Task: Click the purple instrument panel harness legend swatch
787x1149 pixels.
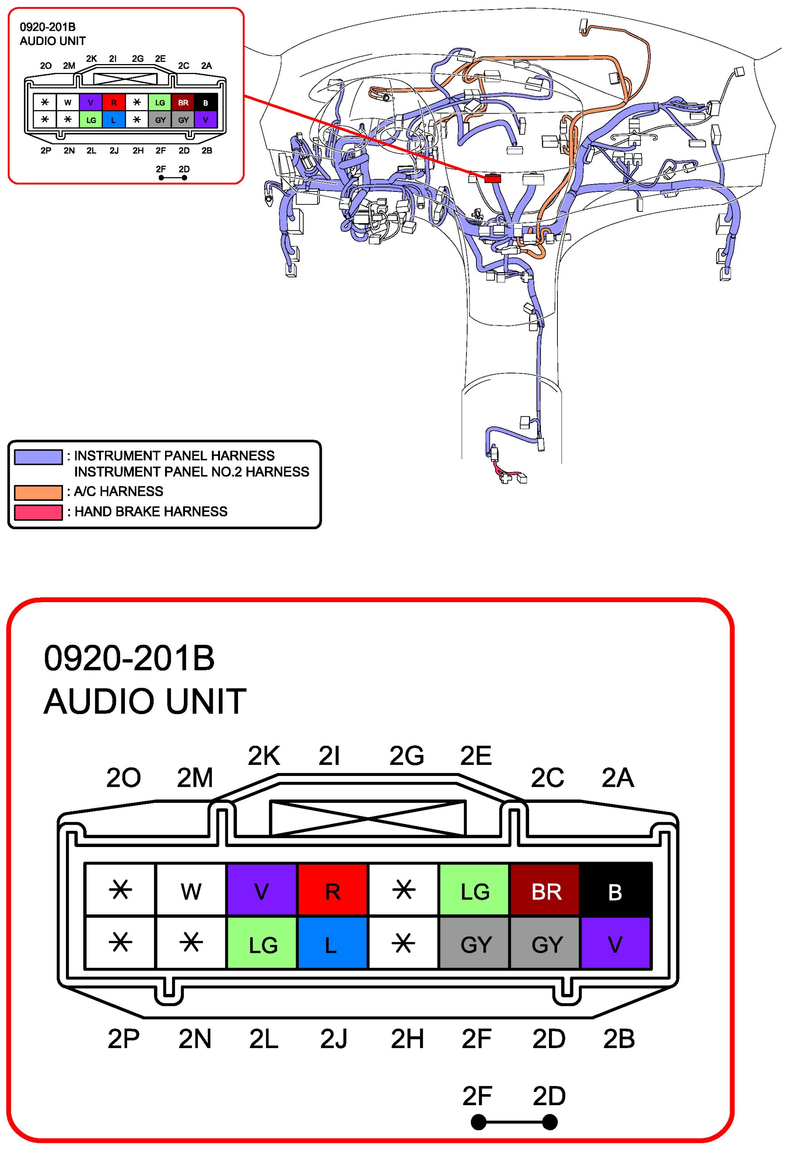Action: tap(38, 456)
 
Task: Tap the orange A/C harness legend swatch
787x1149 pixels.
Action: tap(38, 492)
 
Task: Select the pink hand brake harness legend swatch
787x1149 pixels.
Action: tap(38, 512)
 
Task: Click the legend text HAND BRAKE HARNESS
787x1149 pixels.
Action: tap(151, 511)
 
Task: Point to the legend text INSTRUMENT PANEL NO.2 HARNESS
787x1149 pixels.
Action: tap(192, 472)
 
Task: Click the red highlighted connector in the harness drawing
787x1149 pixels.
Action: tap(492, 178)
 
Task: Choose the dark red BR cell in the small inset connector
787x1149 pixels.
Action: tap(183, 102)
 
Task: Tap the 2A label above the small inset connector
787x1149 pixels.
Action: tap(206, 65)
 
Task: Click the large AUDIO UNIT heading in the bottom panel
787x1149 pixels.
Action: tap(145, 701)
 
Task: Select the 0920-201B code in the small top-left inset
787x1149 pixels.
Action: tap(48, 27)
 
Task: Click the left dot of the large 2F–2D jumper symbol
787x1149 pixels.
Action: tap(478, 1122)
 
